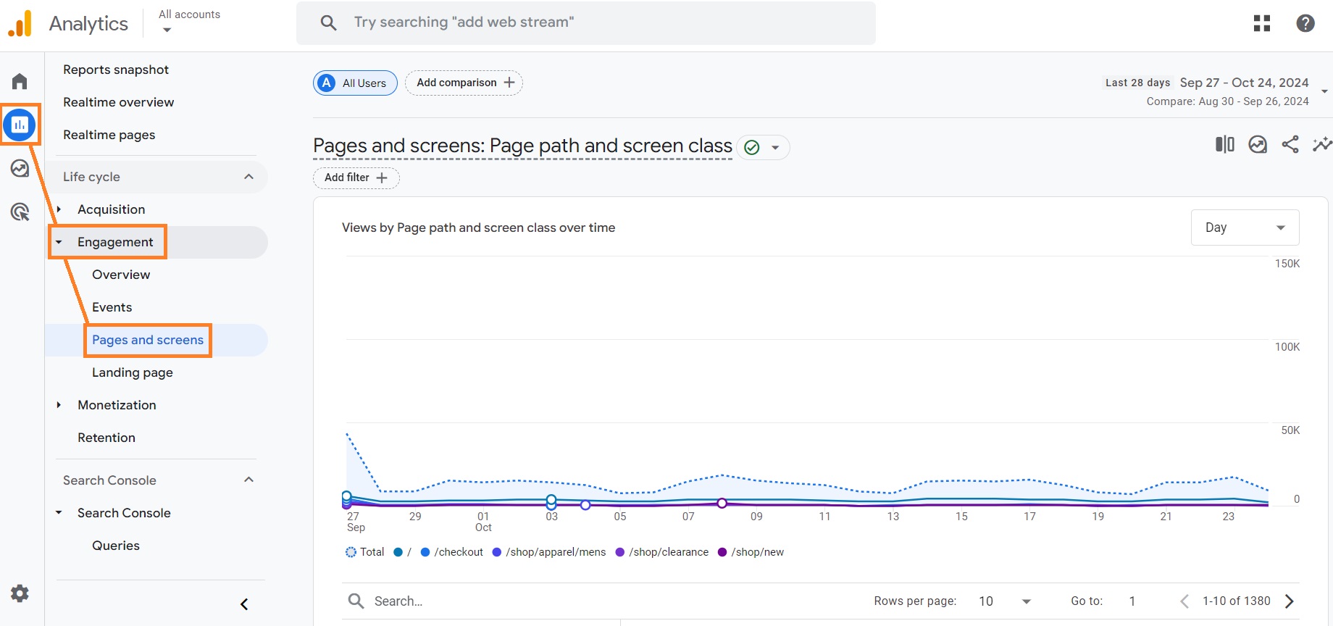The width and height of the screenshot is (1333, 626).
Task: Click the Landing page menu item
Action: point(132,372)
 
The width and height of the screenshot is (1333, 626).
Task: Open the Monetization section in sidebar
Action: point(117,405)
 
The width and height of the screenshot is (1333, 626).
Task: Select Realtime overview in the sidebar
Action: point(118,102)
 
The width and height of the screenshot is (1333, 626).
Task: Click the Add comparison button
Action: point(464,83)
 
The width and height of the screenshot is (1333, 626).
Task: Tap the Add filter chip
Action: point(356,178)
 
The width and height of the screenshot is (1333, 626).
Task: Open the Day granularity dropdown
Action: point(1244,228)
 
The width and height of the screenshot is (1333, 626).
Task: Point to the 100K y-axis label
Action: point(1287,347)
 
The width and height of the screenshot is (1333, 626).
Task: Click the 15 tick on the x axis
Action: point(961,517)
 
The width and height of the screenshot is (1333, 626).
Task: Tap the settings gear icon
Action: point(20,593)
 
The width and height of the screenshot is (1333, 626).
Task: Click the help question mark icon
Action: point(1305,23)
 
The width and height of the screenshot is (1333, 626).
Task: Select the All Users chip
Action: point(355,83)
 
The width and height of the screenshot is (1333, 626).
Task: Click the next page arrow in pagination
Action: point(1289,601)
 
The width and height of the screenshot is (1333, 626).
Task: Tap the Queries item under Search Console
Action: point(116,546)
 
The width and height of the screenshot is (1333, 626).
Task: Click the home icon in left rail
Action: point(20,81)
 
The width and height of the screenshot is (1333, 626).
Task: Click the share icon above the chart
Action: point(1290,144)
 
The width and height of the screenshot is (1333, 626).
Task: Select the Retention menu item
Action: point(106,438)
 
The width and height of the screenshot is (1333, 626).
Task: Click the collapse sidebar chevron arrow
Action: point(244,604)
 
